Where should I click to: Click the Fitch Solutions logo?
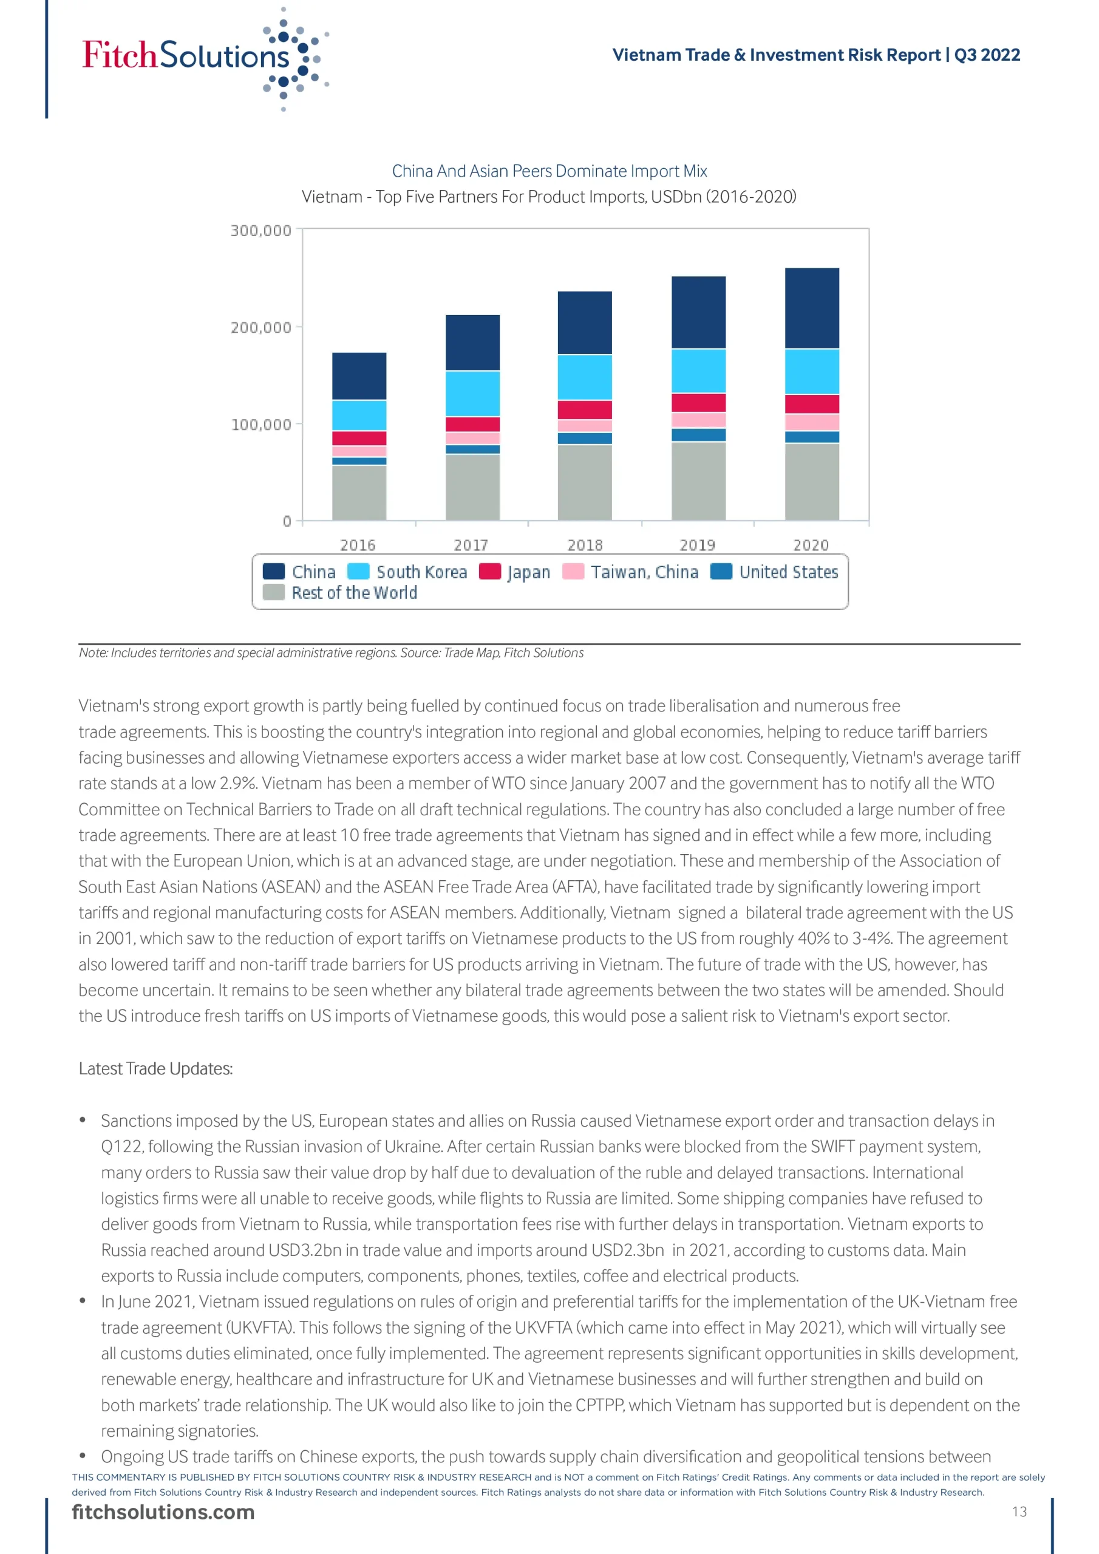click(203, 57)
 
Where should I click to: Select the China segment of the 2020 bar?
click(811, 308)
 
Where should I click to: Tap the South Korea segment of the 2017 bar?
click(472, 393)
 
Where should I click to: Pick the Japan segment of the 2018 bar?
click(584, 410)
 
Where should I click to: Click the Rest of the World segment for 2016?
click(359, 493)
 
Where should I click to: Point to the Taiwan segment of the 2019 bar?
click(698, 419)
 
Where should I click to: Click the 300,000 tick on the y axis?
click(260, 231)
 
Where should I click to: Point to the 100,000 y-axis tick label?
click(260, 424)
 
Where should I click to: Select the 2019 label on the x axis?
click(698, 545)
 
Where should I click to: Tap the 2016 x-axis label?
click(358, 545)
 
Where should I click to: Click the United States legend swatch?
click(721, 572)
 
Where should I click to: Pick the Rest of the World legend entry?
click(353, 593)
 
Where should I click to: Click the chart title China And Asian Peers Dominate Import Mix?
click(549, 171)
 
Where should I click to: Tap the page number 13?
click(1019, 1512)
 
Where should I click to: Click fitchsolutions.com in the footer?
click(163, 1512)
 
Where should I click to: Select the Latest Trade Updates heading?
click(156, 1068)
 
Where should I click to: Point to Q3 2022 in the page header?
click(987, 55)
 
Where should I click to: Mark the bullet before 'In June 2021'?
click(83, 1301)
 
